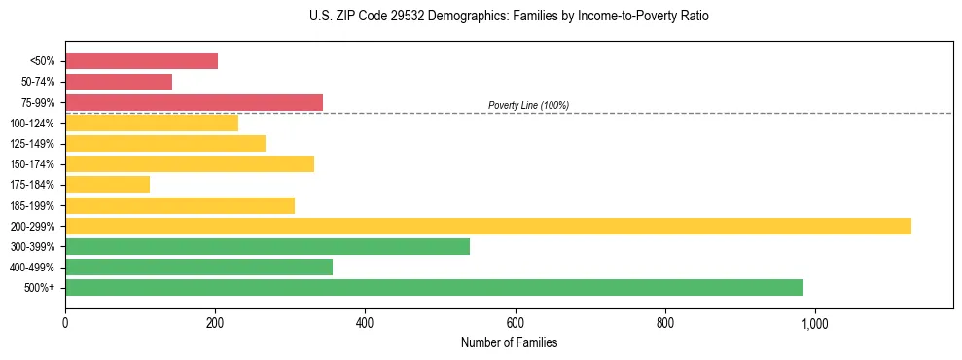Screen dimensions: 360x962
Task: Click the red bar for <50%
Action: pos(141,60)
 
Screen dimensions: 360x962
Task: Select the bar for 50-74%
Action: pos(119,82)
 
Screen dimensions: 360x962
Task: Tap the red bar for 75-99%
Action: pos(194,102)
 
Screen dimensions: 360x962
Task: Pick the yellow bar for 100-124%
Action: pos(152,123)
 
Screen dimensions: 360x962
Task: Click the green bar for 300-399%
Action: pos(267,246)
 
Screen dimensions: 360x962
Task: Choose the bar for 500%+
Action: pos(434,287)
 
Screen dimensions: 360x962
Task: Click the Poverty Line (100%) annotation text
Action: pos(528,105)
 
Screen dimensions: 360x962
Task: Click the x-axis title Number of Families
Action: pos(509,342)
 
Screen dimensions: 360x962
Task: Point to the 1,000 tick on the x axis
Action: pos(814,322)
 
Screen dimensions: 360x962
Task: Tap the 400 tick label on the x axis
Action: pos(365,322)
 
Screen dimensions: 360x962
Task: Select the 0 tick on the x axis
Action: pos(65,322)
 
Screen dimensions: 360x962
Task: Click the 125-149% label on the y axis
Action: pos(32,144)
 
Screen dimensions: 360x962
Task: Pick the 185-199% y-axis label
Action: pos(32,205)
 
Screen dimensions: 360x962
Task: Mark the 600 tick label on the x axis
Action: pos(515,322)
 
